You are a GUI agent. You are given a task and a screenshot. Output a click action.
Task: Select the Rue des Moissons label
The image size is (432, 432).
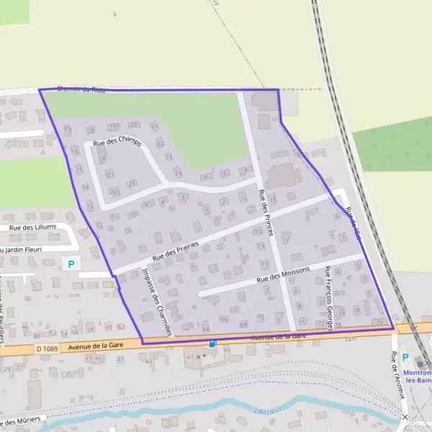tap(283, 274)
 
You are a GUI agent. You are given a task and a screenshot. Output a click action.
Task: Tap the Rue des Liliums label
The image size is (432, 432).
tap(32, 228)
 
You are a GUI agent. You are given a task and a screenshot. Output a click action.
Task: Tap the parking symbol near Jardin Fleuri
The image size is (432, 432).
tap(71, 264)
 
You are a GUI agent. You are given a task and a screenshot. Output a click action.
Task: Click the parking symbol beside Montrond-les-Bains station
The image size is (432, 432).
tap(405, 358)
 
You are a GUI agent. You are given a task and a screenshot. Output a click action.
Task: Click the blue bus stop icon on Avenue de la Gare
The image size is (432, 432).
tap(212, 344)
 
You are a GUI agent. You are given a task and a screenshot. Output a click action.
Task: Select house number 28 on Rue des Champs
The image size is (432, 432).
tap(102, 159)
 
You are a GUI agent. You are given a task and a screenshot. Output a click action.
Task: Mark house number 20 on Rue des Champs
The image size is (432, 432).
tap(135, 125)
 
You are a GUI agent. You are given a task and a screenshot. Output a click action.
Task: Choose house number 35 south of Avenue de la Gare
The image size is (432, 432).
tap(68, 375)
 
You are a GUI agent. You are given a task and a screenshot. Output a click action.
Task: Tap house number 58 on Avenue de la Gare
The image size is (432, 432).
tap(89, 328)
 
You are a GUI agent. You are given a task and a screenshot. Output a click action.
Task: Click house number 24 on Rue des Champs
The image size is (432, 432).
tap(178, 174)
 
